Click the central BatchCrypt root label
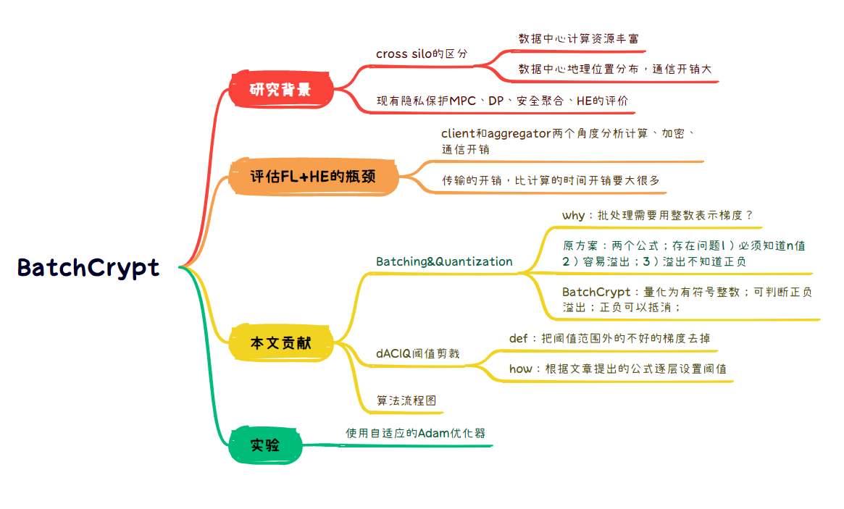tap(88, 268)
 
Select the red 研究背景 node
tap(280, 90)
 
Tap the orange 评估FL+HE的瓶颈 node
tap(313, 176)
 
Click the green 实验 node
tap(265, 445)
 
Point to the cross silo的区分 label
tap(422, 54)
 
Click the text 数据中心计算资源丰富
tap(578, 38)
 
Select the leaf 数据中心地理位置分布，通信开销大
tap(615, 70)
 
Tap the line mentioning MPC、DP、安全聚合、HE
tap(502, 101)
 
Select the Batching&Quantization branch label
tap(444, 261)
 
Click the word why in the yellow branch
tap(573, 215)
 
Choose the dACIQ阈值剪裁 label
tap(417, 354)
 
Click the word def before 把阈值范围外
tap(519, 338)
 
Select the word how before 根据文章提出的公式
tap(520, 369)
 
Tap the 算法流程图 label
tap(406, 400)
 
